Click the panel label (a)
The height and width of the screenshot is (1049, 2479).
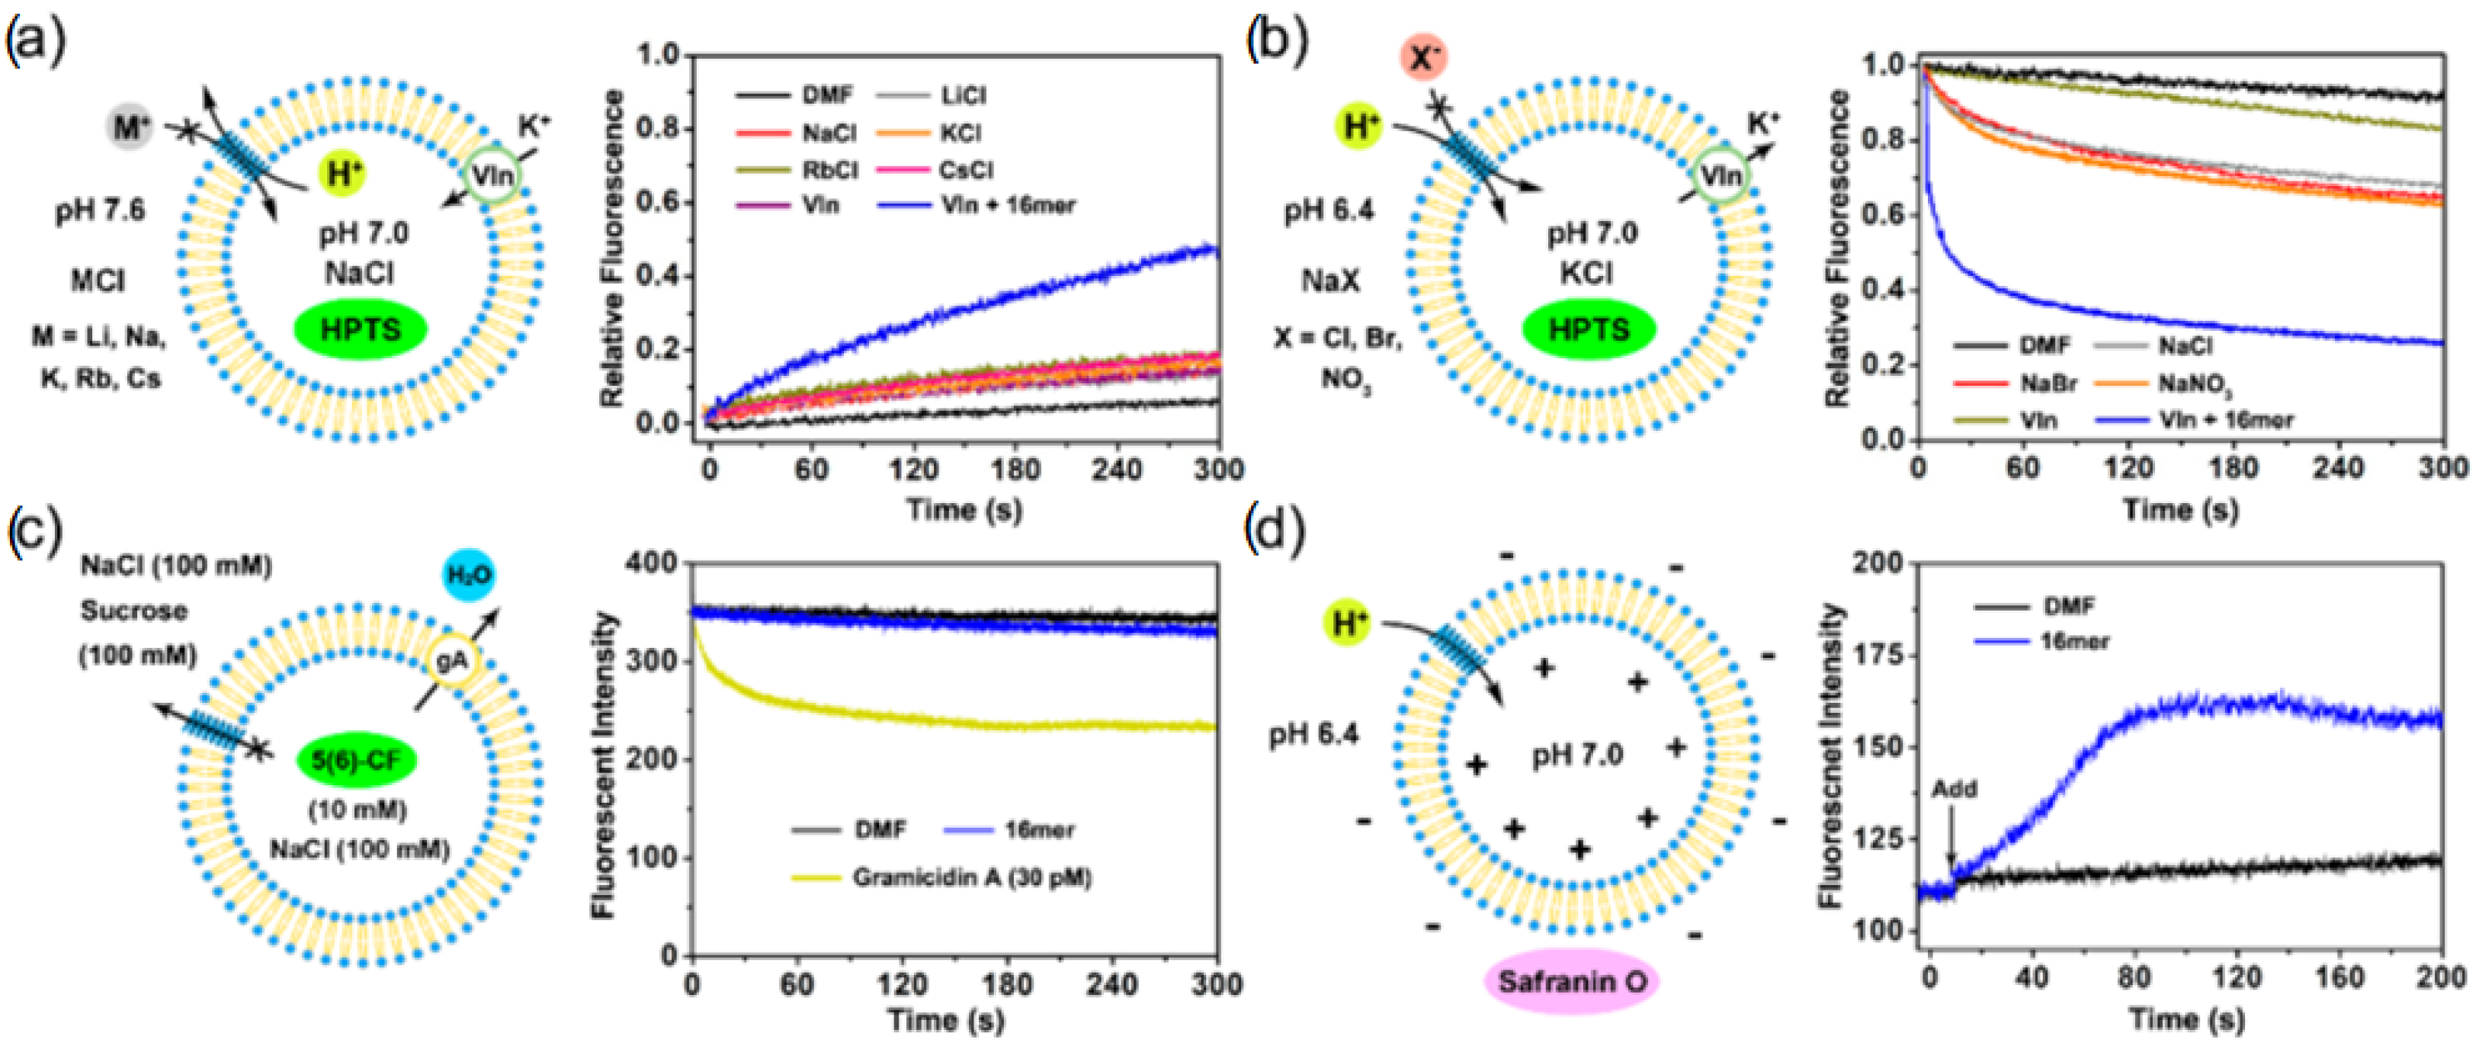[x=36, y=43]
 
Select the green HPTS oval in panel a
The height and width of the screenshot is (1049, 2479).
[x=360, y=329]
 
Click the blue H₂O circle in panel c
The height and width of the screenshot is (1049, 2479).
[x=469, y=576]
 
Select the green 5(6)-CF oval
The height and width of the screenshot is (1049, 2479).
[x=356, y=760]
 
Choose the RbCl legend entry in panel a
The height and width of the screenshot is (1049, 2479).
[x=829, y=169]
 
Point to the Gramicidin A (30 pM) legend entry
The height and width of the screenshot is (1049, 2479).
[x=971, y=877]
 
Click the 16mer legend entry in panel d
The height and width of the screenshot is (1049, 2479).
[x=2075, y=640]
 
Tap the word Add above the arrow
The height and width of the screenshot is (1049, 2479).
[x=1954, y=789]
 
